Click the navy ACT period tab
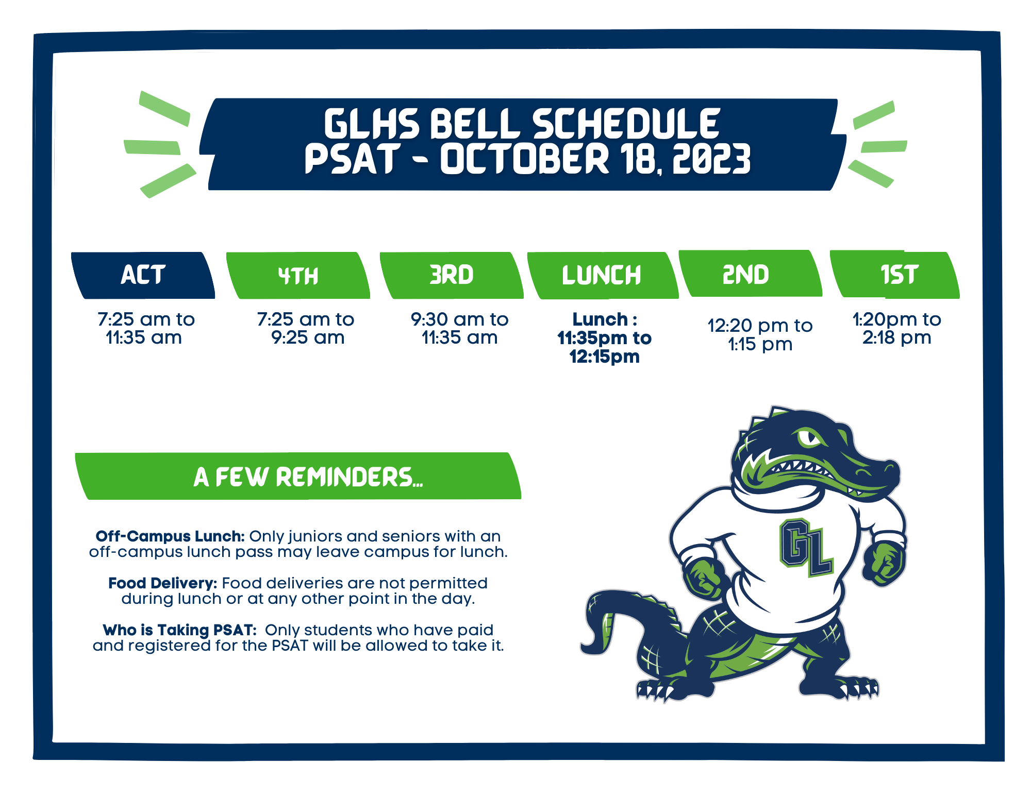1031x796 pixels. click(x=143, y=275)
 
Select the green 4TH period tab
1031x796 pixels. click(x=298, y=275)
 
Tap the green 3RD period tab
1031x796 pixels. click(x=452, y=275)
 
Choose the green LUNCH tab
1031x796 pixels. click(x=602, y=275)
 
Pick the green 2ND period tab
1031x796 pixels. click(x=750, y=274)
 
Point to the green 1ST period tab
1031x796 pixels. click(x=895, y=275)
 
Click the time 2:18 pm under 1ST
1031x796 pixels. click(x=897, y=338)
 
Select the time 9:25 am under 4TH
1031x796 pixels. click(x=308, y=338)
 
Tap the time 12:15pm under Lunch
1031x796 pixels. click(x=604, y=357)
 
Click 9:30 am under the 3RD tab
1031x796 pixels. click(x=444, y=319)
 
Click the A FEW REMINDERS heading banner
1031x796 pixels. click(x=298, y=476)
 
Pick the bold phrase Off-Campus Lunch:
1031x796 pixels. click(x=170, y=536)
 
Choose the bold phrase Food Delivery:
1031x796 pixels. click(x=163, y=583)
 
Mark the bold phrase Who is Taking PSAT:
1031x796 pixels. click(x=179, y=630)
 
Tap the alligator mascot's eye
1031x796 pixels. click(x=810, y=438)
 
